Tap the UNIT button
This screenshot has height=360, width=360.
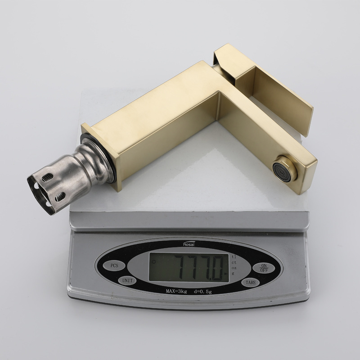click(x=127, y=280)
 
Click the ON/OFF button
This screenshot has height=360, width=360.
click(x=264, y=268)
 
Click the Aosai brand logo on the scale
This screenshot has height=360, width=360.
click(x=189, y=243)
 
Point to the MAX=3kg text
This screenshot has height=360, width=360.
click(x=176, y=292)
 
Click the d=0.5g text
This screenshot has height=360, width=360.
click(x=203, y=292)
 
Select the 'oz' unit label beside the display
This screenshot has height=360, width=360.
click(x=234, y=268)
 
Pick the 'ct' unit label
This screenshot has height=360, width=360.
click(x=234, y=262)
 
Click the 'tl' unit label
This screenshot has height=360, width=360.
click(x=234, y=256)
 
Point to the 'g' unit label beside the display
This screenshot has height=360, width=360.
click(x=233, y=274)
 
